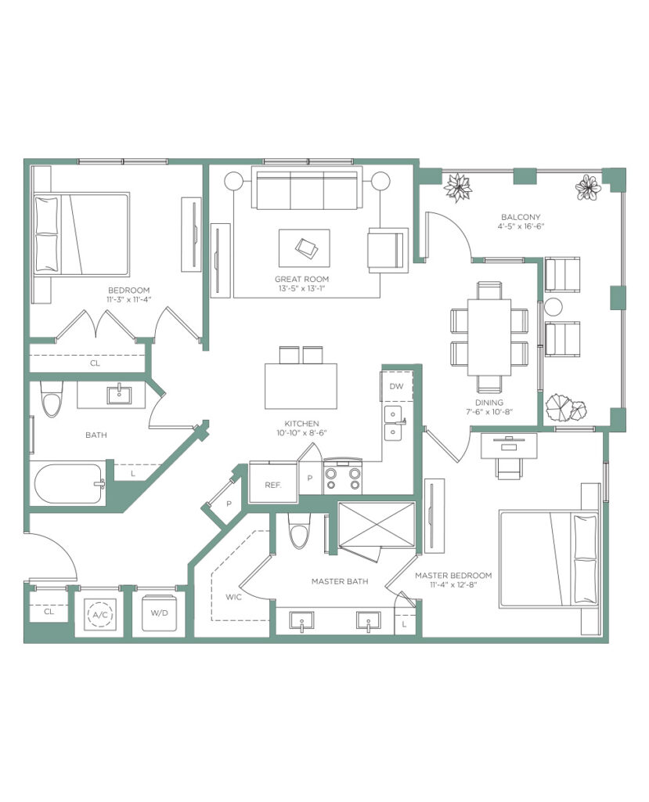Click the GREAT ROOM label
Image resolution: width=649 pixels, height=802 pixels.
(301, 280)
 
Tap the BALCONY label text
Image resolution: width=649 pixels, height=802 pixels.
(521, 217)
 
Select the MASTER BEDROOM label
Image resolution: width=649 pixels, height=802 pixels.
(453, 576)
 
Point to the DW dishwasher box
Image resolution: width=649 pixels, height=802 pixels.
(396, 386)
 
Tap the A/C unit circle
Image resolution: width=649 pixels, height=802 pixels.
(101, 615)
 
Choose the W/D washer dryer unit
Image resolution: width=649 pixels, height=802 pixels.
(160, 612)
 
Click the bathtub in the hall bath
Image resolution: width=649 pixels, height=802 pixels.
(70, 483)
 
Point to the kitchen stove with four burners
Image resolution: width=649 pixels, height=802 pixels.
(343, 477)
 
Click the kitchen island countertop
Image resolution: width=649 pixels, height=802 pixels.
(301, 386)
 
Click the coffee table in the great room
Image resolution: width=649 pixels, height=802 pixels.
(305, 248)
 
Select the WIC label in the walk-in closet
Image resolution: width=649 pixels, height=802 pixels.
(233, 597)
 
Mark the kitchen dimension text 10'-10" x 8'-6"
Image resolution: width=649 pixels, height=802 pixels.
(301, 432)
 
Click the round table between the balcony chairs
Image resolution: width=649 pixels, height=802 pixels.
(553, 307)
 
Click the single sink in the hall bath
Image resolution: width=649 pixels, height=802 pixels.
(119, 395)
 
